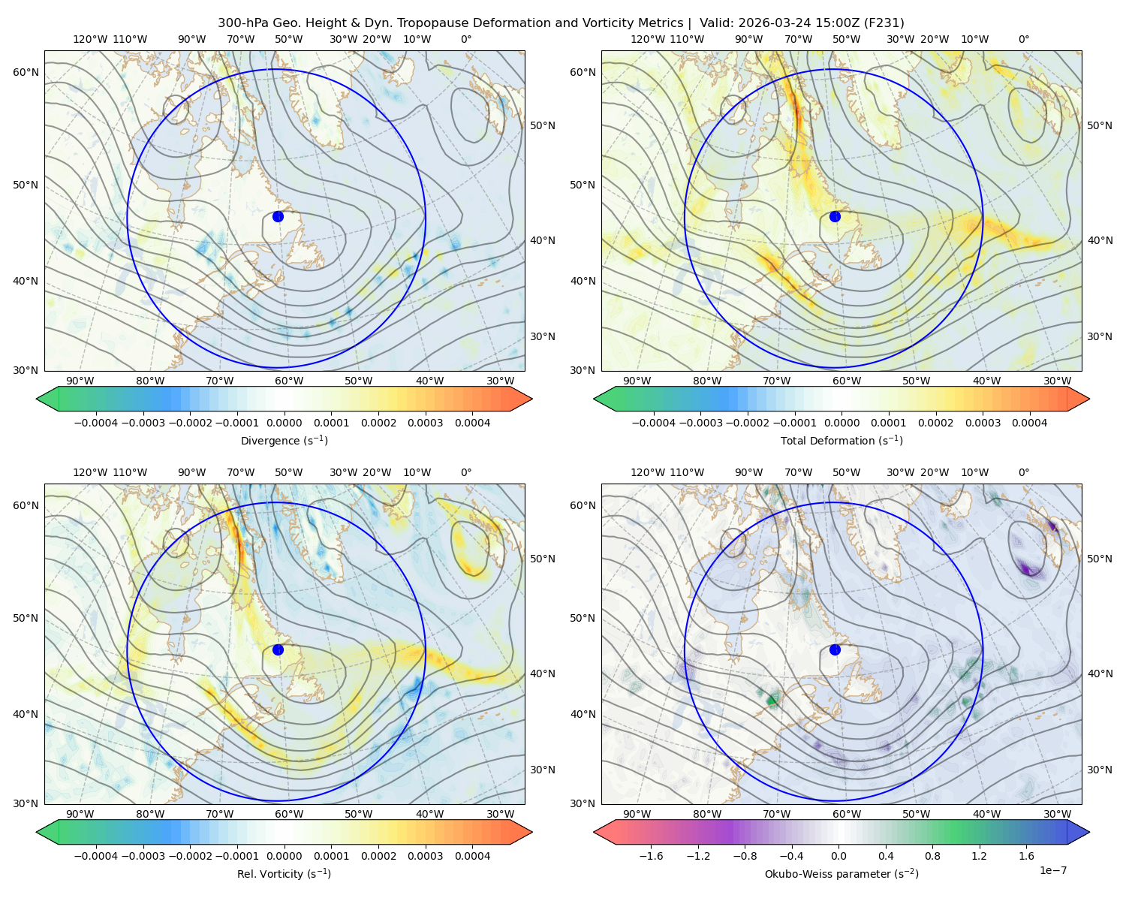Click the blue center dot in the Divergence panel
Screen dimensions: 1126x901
[x=278, y=217]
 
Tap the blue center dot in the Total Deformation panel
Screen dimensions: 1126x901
[x=835, y=217]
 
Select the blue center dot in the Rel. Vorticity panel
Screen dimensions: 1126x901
[x=278, y=649]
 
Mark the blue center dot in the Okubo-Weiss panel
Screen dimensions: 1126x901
[x=835, y=649]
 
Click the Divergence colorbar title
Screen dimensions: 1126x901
[x=284, y=441]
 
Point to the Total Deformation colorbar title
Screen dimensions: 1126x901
[x=841, y=441]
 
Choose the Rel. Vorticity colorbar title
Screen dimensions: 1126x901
[x=284, y=874]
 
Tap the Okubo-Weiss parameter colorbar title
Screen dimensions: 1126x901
[x=841, y=874]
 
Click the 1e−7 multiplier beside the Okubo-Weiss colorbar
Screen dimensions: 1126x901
[x=1052, y=870]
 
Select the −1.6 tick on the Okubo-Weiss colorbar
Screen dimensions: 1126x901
[x=651, y=856]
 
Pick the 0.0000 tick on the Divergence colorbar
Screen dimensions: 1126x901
[x=284, y=423]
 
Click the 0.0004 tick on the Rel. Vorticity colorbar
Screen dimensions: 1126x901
[x=472, y=856]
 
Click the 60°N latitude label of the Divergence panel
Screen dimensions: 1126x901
[x=26, y=72]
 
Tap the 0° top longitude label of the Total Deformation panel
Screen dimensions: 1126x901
[x=1023, y=39]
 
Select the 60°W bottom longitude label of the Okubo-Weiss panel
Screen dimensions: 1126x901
[x=846, y=814]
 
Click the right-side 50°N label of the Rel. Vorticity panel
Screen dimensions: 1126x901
[x=543, y=559]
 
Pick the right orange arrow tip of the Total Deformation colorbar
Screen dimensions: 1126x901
[x=1089, y=399]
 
